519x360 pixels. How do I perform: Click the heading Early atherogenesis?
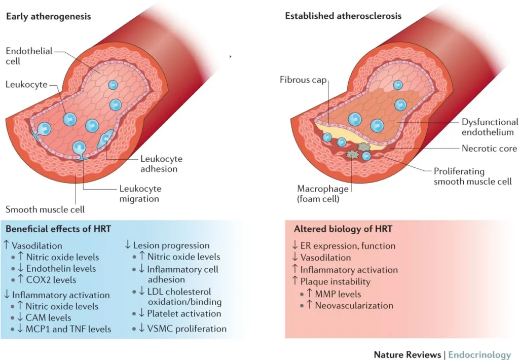[48, 16]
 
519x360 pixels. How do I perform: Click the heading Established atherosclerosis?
[343, 16]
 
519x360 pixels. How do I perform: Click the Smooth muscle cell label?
[45, 208]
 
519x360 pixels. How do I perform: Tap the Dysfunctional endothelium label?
[490, 127]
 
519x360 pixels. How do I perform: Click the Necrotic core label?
[489, 149]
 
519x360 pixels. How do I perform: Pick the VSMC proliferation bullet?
[187, 329]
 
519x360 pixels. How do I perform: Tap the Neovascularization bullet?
[354, 305]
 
